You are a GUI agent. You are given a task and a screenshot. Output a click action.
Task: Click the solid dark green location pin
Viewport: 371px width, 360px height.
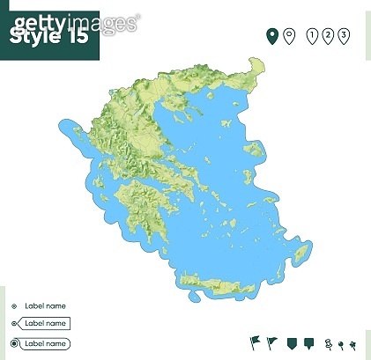[x=273, y=35]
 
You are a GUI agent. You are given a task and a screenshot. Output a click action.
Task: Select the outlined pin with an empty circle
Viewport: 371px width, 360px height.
[x=289, y=35]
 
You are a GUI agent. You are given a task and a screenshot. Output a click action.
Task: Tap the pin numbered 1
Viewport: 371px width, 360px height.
[x=311, y=35]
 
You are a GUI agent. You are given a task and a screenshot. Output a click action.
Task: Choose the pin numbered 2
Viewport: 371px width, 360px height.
[x=327, y=35]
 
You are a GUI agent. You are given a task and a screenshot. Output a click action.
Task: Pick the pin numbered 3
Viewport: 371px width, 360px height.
[x=343, y=35]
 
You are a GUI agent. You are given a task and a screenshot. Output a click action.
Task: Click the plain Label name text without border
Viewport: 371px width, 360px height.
[x=45, y=305]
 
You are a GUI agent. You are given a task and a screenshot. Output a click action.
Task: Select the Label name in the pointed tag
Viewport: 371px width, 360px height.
[x=46, y=324]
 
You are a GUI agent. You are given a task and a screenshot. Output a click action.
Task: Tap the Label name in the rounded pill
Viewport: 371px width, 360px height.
[x=46, y=343]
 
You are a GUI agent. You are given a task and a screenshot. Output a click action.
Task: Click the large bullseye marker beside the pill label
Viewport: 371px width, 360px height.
[x=15, y=343]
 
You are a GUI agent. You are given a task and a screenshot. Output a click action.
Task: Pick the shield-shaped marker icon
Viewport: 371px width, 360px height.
[x=292, y=342]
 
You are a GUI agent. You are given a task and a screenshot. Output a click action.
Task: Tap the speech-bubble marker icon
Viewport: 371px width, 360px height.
[x=308, y=342]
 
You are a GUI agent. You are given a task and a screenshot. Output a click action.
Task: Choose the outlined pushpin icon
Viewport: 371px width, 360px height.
[x=328, y=343]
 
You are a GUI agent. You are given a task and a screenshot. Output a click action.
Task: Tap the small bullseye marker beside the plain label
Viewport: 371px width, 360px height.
[x=15, y=305]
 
